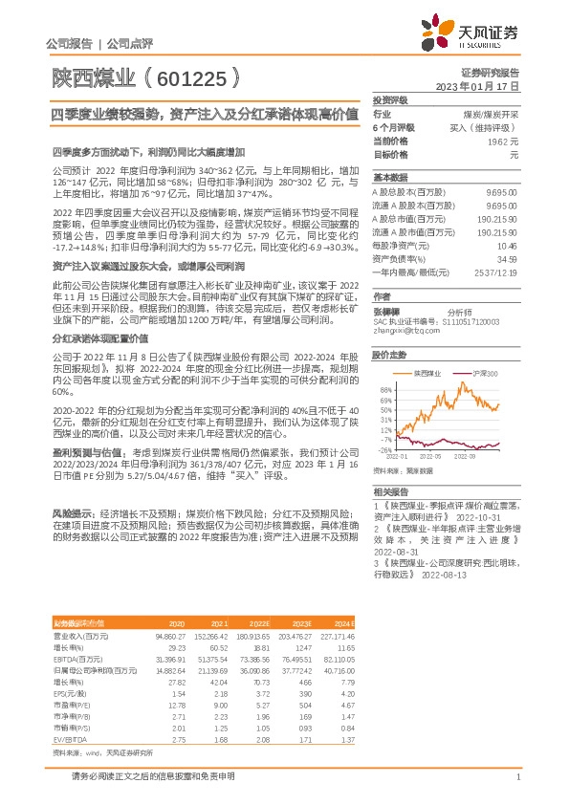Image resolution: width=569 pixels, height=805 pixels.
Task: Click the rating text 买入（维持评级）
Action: (483, 126)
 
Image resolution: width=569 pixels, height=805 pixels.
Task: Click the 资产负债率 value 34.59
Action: (507, 258)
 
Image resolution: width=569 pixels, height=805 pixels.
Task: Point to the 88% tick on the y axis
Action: (385, 390)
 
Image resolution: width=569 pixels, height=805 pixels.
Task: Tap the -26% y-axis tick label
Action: (384, 449)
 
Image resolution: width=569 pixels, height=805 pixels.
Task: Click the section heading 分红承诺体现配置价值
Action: (99, 338)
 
